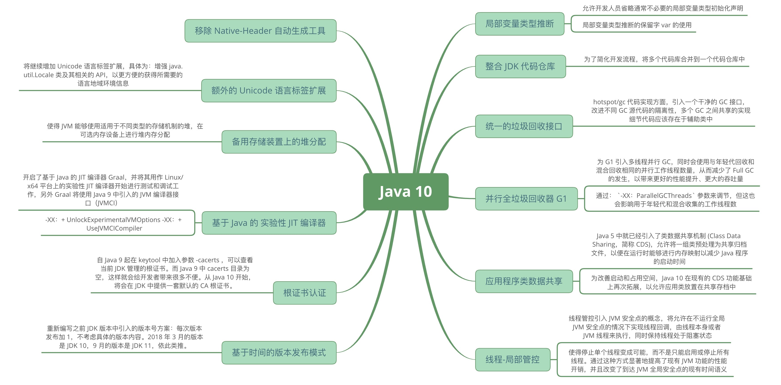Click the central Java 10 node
coord(405,191)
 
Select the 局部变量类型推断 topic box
coord(519,24)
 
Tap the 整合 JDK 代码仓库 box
coord(520,66)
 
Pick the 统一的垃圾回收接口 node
coord(524,126)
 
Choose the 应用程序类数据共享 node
coord(524,281)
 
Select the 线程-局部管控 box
coord(512,360)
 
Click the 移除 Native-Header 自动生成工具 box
coord(260,31)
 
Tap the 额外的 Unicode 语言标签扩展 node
coord(268,90)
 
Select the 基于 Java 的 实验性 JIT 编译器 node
coord(269,223)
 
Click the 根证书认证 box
coord(304,293)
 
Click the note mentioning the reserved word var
coord(637,25)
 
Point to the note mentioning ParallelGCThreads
coord(675,200)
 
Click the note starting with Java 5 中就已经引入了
coord(670,248)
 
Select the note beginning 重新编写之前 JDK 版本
coord(124,337)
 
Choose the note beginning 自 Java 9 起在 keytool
coord(174,273)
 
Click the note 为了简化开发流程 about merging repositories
coord(664,59)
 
